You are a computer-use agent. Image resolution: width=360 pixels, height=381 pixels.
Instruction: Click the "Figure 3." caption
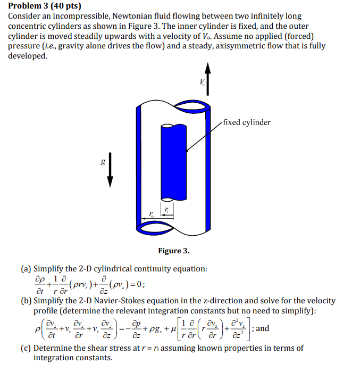click(x=173, y=251)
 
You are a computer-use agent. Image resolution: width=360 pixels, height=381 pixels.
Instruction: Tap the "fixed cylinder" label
click(x=247, y=122)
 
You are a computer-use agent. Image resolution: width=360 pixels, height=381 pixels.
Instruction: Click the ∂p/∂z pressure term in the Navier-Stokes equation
click(x=137, y=329)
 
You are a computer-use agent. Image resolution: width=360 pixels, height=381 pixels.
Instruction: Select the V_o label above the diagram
click(x=202, y=82)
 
